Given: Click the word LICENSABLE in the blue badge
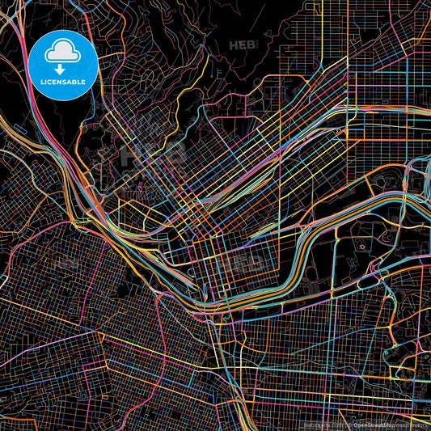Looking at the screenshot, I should [63, 81].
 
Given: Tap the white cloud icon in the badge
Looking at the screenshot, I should [63, 52].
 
